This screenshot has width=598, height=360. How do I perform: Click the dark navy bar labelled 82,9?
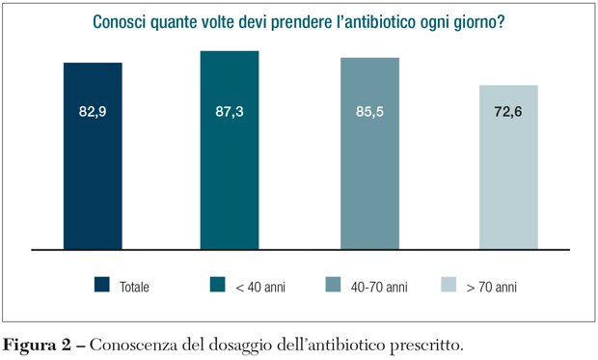coord(93,174)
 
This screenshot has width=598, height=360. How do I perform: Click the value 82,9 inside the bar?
coord(93,112)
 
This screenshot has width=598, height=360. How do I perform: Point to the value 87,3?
coord(230,112)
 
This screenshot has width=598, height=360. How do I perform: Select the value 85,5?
coord(369,112)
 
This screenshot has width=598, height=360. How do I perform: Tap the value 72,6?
coord(507,112)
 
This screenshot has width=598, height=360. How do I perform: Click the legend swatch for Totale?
coord(102,285)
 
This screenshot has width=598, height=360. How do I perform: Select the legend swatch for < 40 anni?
coord(218,285)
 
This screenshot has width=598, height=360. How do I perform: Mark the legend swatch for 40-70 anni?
coord(333,285)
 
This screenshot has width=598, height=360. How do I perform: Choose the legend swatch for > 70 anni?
coord(448,285)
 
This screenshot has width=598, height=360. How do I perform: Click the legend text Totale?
coord(135,286)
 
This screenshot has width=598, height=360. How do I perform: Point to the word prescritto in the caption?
coord(426,344)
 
